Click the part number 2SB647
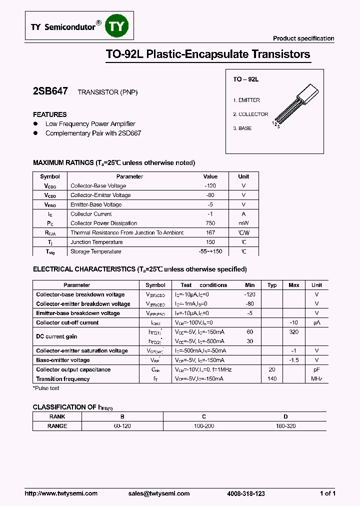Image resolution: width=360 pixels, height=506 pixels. click(x=50, y=91)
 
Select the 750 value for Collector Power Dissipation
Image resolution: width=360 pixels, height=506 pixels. click(x=210, y=223)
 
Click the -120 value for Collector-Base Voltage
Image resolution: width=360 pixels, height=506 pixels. click(x=210, y=186)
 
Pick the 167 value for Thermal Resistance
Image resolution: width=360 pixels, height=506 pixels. click(x=210, y=233)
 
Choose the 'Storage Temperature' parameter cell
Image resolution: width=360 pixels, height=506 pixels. click(x=96, y=252)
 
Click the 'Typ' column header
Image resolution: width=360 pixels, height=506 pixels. click(x=272, y=285)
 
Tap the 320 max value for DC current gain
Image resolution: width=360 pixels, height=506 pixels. click(x=294, y=332)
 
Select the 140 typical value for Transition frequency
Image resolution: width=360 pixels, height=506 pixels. click(x=272, y=379)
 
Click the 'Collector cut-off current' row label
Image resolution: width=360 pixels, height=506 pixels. click(x=67, y=323)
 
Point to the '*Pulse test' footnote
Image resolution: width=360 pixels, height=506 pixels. click(x=46, y=388)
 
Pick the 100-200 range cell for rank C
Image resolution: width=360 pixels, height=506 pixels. click(x=204, y=426)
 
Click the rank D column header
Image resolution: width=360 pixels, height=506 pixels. click(x=285, y=416)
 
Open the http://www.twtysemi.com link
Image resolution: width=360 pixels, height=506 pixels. click(x=61, y=493)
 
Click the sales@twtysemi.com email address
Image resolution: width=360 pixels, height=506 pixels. click(x=159, y=493)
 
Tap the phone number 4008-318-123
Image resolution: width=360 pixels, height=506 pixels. click(x=245, y=493)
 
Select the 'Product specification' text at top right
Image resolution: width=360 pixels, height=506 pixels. click(x=303, y=38)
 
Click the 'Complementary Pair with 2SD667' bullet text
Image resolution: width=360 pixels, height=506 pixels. click(x=93, y=133)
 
